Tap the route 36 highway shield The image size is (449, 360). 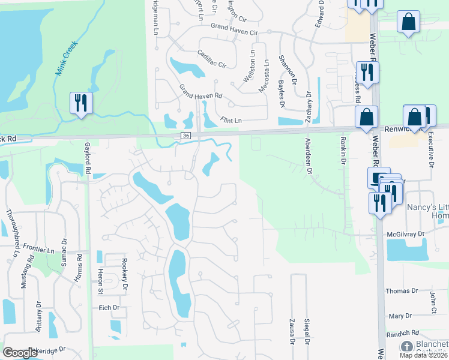pos(186,136)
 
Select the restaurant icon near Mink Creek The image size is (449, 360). pos(80,103)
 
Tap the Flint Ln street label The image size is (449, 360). pos(230,121)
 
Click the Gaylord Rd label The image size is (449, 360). pos(88,161)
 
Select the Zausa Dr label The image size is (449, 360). pos(292,332)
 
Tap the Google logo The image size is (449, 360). pos(20,353)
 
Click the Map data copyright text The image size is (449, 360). pos(423,355)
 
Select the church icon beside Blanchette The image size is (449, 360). pos(407,347)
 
